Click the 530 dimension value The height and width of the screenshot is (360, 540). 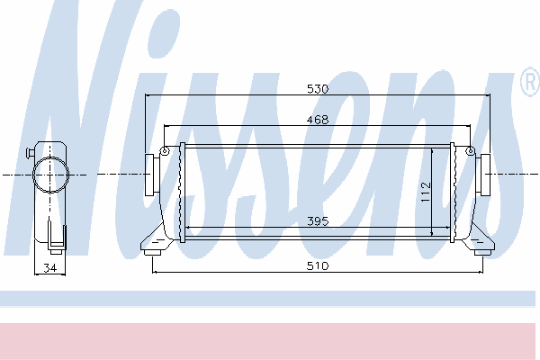click(318, 89)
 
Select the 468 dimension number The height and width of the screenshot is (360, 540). click(318, 120)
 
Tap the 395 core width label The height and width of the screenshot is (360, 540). click(318, 220)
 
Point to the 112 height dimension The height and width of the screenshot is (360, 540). click(426, 193)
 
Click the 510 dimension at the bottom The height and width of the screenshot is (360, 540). click(318, 265)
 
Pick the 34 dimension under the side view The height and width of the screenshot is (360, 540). click(49, 267)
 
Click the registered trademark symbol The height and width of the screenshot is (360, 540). click(530, 82)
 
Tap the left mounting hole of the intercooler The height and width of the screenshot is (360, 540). click(165, 150)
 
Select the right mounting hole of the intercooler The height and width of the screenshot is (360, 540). click(470, 150)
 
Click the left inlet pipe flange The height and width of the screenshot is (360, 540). click(149, 175)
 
